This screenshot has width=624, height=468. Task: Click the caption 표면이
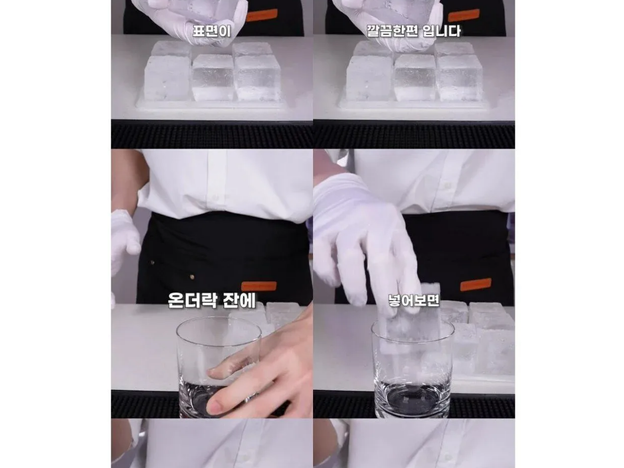coord(212,31)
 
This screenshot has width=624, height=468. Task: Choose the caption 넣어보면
coord(414,301)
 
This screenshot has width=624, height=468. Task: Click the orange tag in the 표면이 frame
coord(262,15)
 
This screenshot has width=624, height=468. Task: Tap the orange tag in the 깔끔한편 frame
coord(464,15)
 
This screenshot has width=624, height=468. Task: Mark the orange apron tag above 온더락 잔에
coord(258,286)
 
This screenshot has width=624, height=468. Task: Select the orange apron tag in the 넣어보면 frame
coord(475,285)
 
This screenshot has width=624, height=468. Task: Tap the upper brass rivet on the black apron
coord(153,262)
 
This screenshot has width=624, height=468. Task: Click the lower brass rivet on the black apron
coord(192,277)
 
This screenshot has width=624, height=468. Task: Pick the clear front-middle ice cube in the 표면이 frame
coord(213,77)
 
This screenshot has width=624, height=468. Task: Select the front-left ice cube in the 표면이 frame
coord(168,78)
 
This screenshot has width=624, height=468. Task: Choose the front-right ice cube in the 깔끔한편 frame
coord(459,78)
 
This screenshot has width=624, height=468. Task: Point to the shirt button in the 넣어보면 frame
coord(447,186)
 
